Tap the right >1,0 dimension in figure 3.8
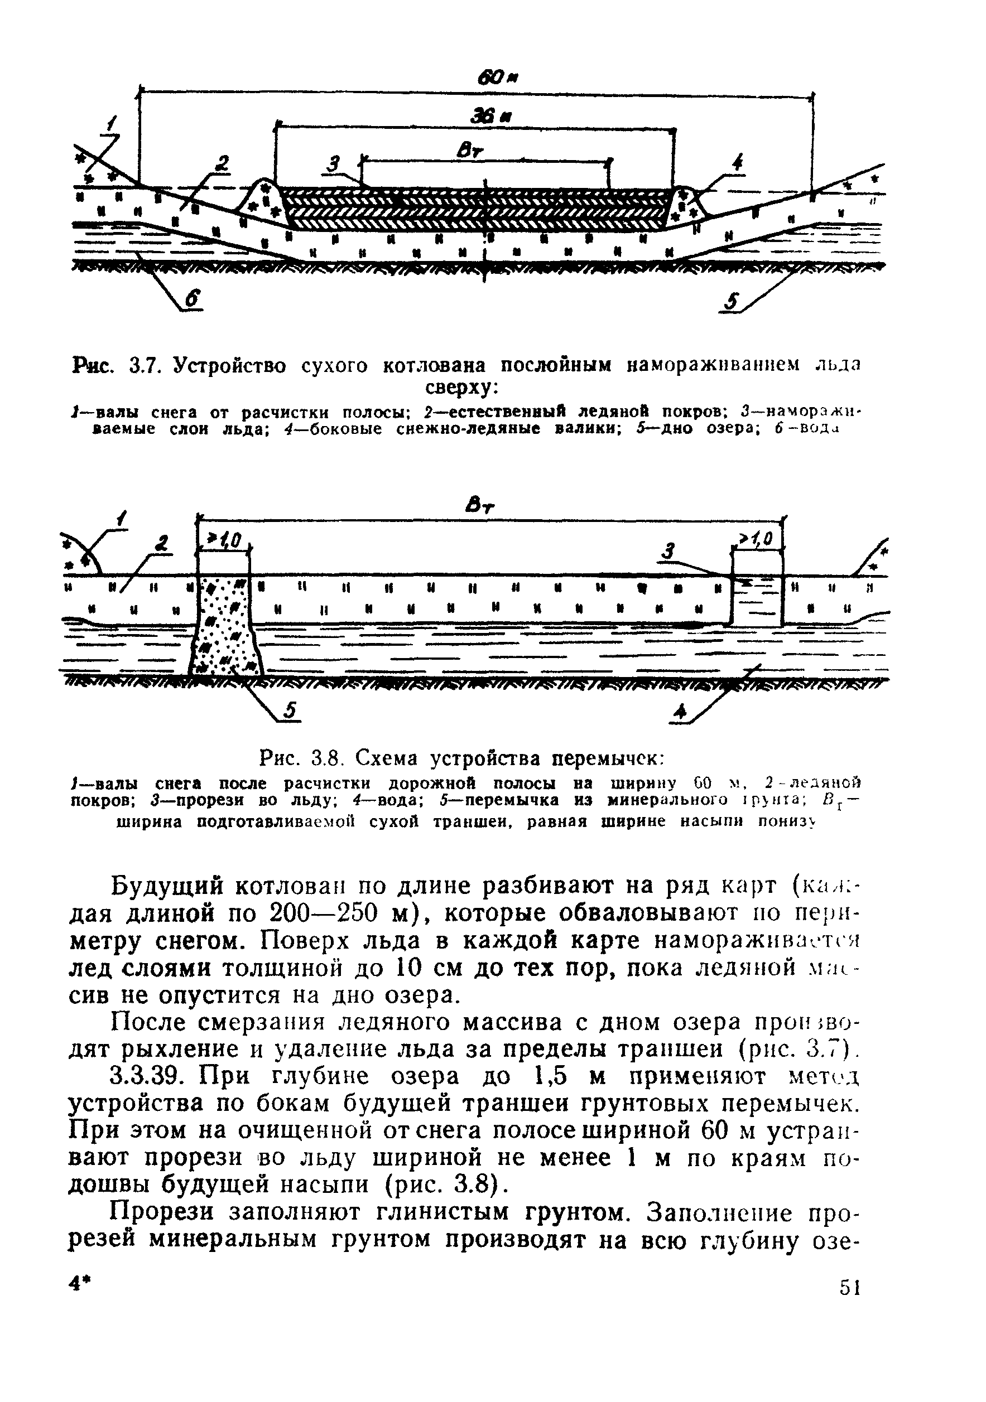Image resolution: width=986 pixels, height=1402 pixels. [756, 538]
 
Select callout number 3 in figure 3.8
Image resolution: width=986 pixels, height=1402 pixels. [669, 552]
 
